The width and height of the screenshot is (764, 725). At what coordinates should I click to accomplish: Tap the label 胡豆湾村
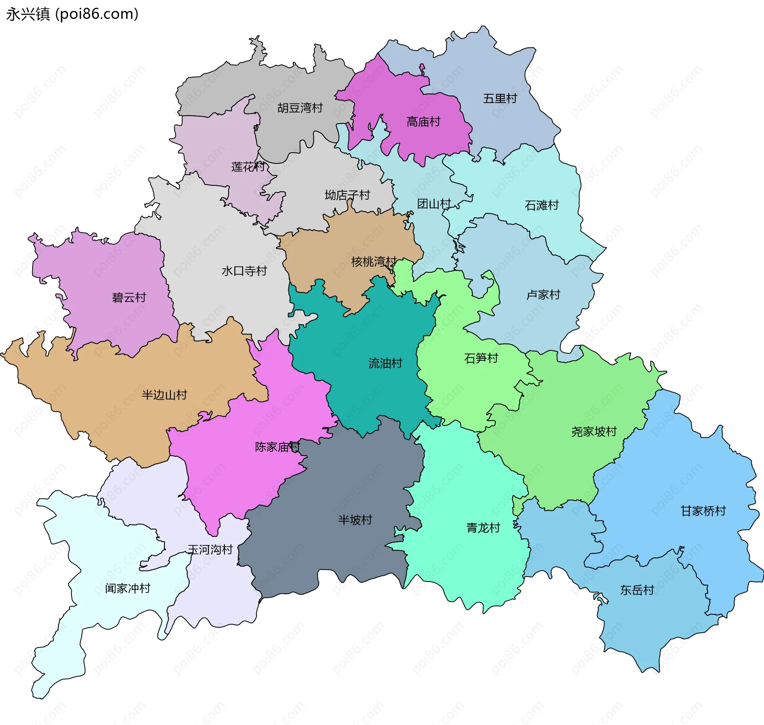coord(300,108)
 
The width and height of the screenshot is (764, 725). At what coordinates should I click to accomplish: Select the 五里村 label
coord(500,98)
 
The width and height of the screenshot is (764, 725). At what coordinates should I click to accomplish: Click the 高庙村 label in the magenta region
coord(423,122)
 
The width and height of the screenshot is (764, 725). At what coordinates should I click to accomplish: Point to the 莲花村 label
coord(248,167)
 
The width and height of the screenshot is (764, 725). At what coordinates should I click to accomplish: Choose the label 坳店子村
coord(347,195)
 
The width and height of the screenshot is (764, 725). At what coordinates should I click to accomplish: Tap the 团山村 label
coord(434,204)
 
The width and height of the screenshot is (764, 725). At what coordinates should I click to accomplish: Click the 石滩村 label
coord(542,205)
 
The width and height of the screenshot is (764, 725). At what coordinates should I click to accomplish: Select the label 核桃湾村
coord(374,261)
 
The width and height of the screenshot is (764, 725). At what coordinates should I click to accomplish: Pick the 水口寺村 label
coord(244,271)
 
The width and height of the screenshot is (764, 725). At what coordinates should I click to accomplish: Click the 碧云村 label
coord(129,297)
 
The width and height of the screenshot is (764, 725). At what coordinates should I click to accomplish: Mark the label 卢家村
coord(543,295)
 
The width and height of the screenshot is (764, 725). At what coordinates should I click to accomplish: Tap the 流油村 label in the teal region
coord(385,363)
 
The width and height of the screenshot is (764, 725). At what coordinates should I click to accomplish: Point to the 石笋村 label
coord(481,358)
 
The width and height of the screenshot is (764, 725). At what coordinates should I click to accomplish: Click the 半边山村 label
coord(164,395)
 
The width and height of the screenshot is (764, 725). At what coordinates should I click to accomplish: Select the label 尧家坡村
coord(594,432)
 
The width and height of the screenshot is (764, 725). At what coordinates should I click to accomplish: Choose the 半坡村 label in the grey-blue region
coord(355,520)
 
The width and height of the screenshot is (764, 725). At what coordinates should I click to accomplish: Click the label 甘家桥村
coord(703,511)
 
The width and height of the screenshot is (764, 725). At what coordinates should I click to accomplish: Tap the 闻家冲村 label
coord(128,588)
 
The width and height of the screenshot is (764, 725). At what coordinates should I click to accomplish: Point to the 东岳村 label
coord(637,590)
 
